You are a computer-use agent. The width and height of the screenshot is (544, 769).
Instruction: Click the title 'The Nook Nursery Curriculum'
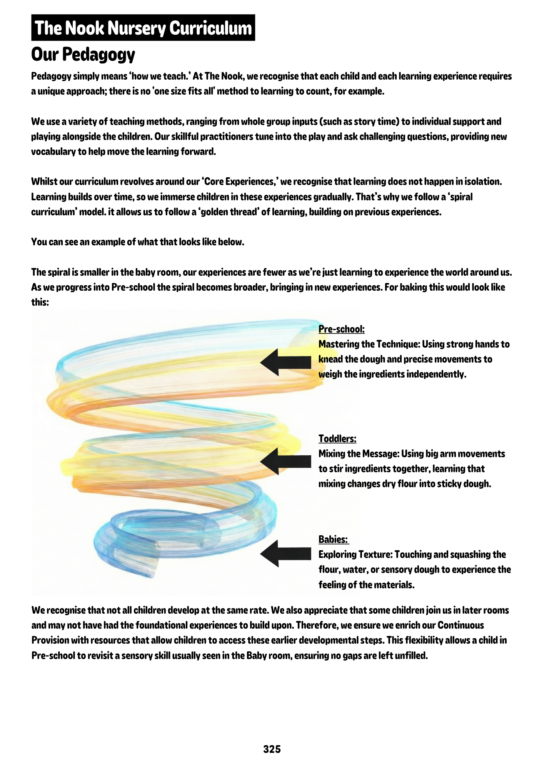[143, 28]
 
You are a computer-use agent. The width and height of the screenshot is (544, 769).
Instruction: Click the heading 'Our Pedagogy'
[83, 54]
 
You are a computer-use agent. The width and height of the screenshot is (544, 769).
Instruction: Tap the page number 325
[272, 749]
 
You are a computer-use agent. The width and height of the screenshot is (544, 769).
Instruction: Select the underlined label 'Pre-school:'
[341, 329]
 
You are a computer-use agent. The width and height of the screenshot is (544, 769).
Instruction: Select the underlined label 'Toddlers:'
[337, 439]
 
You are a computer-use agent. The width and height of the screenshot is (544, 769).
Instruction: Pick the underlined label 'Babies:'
[333, 539]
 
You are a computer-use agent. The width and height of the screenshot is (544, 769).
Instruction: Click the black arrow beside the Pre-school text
[285, 362]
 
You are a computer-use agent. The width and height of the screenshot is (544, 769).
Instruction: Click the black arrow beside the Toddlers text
[285, 461]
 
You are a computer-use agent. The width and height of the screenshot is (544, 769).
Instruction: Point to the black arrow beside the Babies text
[285, 554]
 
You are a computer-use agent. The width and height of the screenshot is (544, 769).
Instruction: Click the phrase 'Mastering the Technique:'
[369, 344]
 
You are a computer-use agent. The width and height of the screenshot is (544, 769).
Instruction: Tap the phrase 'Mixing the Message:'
[359, 454]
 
